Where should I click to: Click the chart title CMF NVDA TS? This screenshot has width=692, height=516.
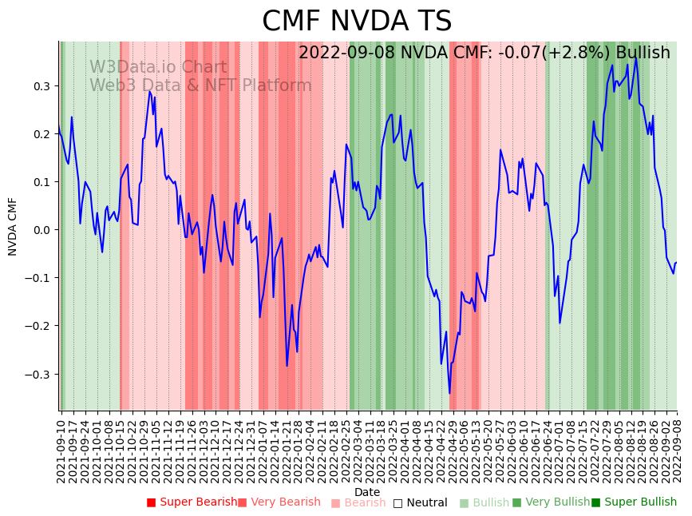(x=357, y=22)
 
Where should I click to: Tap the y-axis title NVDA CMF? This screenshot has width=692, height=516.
(x=13, y=226)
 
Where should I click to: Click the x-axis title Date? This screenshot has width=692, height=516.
(x=367, y=492)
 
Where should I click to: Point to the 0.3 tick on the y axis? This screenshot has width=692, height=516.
(x=42, y=86)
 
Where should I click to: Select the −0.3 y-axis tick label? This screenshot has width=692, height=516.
(x=39, y=374)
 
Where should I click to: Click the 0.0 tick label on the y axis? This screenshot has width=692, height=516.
(x=42, y=230)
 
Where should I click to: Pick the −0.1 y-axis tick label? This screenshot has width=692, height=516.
(x=39, y=278)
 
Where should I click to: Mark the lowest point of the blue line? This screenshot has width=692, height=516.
(x=449, y=393)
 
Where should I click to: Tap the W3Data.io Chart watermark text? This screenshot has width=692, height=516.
(x=158, y=68)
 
